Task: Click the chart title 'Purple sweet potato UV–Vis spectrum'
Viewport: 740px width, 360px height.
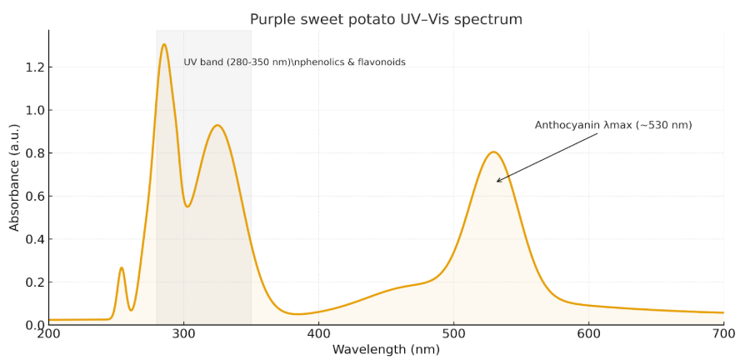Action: coord(387,19)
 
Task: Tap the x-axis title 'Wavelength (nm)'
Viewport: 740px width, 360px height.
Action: coord(387,349)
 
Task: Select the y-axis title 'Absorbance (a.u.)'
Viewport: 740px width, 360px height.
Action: coord(14,177)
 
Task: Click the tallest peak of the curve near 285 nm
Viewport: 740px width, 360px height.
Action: coord(164,44)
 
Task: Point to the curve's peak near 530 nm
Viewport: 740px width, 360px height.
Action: coord(493,152)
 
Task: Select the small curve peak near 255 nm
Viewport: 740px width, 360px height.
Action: coord(122,267)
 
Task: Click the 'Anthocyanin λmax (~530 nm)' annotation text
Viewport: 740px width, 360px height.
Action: coord(613,125)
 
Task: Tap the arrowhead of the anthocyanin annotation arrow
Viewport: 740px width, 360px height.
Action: coord(497,181)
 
